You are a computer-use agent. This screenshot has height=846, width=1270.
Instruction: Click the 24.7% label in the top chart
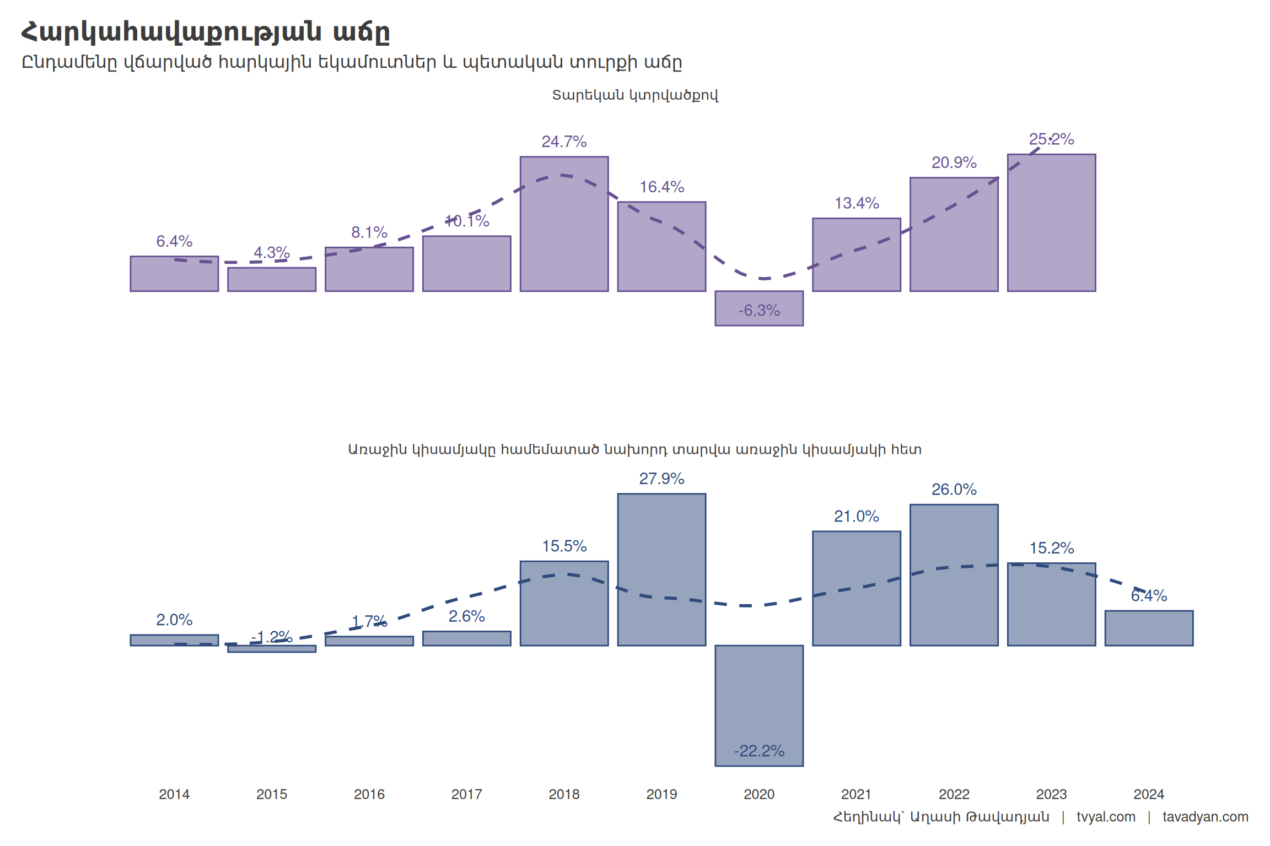coord(564,142)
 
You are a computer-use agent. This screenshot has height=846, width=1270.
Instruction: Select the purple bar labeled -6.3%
coord(759,308)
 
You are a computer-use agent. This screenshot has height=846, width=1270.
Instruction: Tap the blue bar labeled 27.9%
coord(661,570)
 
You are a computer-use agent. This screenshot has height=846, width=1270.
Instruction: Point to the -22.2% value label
coord(759,751)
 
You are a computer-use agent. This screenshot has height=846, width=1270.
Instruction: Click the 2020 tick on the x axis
coord(759,794)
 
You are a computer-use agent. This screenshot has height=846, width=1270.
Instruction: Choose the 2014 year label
coord(174,794)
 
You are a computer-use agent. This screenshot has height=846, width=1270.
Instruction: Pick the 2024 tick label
coord(1149,794)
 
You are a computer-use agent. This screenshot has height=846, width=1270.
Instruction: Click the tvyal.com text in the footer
coord(1106,817)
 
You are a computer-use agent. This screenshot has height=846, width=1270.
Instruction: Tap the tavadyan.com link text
coord(1206,817)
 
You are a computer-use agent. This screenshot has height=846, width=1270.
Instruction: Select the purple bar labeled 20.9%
coord(954,234)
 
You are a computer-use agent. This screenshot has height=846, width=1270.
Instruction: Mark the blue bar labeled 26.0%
coord(954,575)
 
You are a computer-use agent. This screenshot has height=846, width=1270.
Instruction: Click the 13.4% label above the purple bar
coord(857,203)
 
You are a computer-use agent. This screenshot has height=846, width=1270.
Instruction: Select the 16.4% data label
coord(661,187)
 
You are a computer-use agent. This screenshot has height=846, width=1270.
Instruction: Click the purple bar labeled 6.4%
coord(174,274)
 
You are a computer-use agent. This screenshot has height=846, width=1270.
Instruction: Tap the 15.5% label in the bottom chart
coord(564,546)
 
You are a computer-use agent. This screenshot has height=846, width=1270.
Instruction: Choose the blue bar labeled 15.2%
coord(1052,604)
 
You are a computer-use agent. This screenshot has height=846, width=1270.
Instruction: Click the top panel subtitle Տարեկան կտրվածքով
coord(635,95)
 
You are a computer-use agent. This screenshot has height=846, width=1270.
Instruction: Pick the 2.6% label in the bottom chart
coord(466,616)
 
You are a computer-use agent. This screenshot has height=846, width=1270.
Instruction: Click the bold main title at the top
coord(205,32)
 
